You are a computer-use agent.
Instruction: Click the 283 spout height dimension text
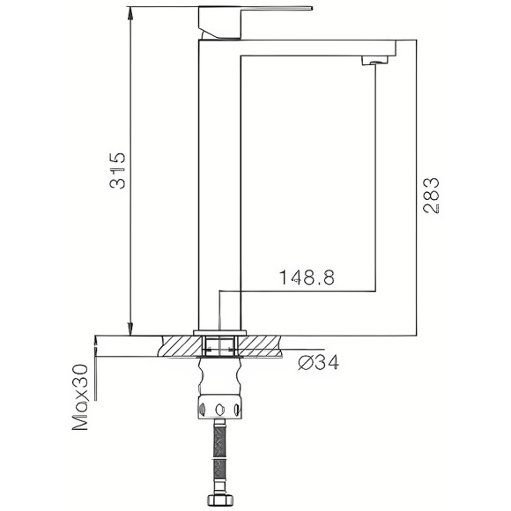point(432,196)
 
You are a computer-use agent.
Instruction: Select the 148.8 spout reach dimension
point(307,278)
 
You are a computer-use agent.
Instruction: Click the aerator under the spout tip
point(376,61)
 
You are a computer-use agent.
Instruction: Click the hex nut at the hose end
point(219,501)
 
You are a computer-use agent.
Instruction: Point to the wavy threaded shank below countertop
point(220,374)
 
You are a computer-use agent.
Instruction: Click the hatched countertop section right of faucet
point(262,345)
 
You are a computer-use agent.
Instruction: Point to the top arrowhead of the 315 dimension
point(130,13)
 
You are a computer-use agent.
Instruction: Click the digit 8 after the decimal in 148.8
point(328,278)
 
